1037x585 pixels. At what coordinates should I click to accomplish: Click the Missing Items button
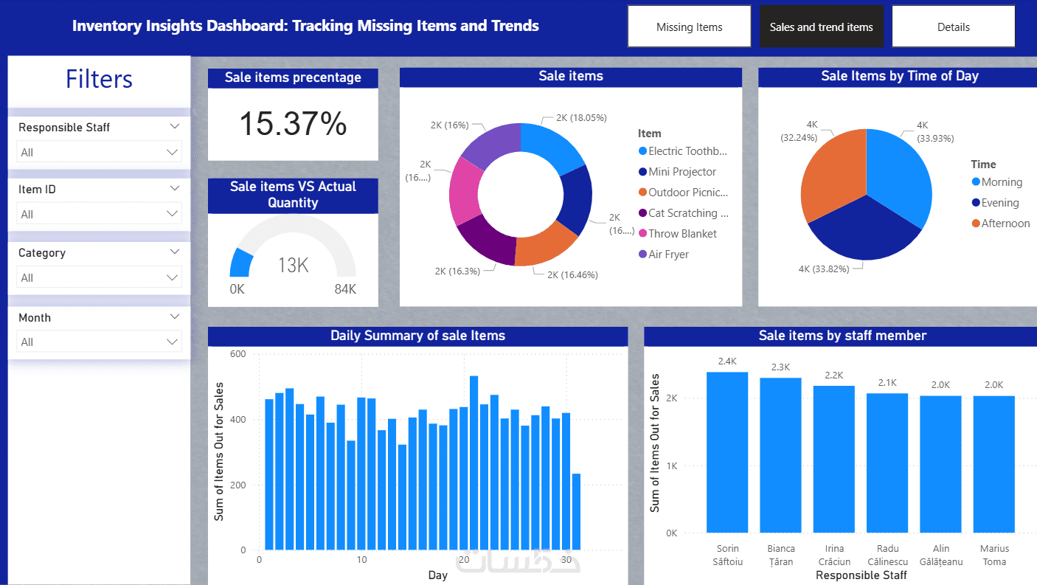pyautogui.click(x=689, y=27)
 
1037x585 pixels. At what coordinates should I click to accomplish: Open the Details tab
pyautogui.click(x=953, y=27)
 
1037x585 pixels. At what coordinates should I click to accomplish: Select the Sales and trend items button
pyautogui.click(x=821, y=27)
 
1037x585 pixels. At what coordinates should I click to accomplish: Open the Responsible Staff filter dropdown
pyautogui.click(x=99, y=152)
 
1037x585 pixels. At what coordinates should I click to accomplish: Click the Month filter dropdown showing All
pyautogui.click(x=99, y=342)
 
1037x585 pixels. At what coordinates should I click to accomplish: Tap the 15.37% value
pyautogui.click(x=293, y=123)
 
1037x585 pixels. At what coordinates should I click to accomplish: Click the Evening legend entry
pyautogui.click(x=999, y=203)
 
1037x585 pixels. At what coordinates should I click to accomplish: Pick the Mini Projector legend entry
pyautogui.click(x=682, y=172)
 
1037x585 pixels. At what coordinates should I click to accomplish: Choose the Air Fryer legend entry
pyautogui.click(x=668, y=255)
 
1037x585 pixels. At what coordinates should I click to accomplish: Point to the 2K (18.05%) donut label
pyautogui.click(x=581, y=117)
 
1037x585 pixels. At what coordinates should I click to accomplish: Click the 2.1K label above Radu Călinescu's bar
pyautogui.click(x=887, y=383)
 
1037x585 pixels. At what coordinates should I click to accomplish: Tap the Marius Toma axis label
pyautogui.click(x=993, y=555)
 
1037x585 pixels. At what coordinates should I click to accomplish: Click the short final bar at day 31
pyautogui.click(x=576, y=511)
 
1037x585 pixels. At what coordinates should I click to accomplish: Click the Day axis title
pyautogui.click(x=437, y=575)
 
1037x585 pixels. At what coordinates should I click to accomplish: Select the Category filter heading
pyautogui.click(x=42, y=253)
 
